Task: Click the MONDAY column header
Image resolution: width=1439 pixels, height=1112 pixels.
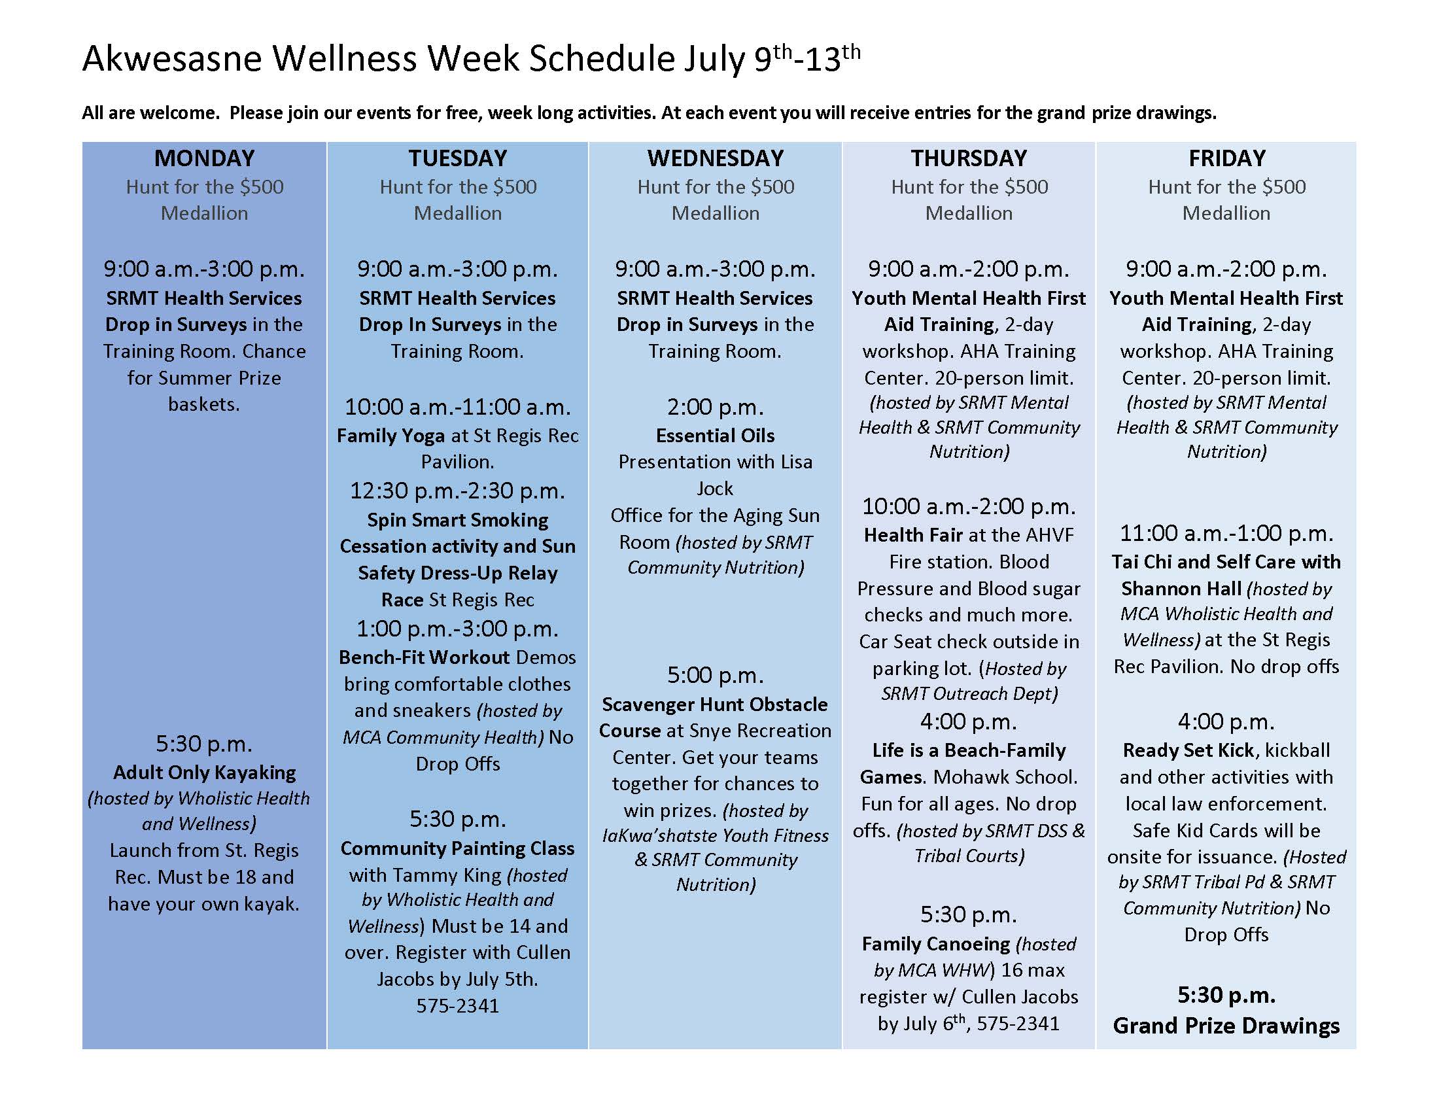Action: [x=204, y=158]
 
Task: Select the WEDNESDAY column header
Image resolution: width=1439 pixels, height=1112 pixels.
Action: [x=715, y=158]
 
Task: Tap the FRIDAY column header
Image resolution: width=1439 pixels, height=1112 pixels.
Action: [x=1227, y=158]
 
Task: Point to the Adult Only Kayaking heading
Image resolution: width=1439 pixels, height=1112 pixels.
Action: [x=204, y=772]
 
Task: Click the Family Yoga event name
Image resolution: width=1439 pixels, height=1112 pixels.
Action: [x=390, y=436]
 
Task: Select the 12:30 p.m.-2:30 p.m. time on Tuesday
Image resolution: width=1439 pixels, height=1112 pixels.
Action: [x=457, y=491]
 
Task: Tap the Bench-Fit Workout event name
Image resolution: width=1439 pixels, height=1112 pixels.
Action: [x=425, y=657]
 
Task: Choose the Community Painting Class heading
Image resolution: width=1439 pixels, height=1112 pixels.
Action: [x=457, y=848]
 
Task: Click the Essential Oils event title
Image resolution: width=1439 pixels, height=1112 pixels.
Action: [x=715, y=436]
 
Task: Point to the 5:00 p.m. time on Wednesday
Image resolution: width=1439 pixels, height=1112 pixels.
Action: [x=715, y=675]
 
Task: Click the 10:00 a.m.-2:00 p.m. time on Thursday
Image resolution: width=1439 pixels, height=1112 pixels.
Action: [x=969, y=506]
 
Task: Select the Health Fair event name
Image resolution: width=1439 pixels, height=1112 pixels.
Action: [x=913, y=535]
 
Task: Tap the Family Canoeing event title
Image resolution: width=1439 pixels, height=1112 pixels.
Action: [x=935, y=945]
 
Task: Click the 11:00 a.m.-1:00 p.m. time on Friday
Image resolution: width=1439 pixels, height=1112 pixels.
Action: [x=1226, y=533]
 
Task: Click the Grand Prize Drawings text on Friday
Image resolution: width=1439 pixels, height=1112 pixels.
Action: [x=1226, y=1026]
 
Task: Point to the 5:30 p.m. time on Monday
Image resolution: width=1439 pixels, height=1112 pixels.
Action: [x=204, y=744]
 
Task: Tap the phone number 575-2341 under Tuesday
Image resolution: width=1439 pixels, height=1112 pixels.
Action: [x=457, y=1006]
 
